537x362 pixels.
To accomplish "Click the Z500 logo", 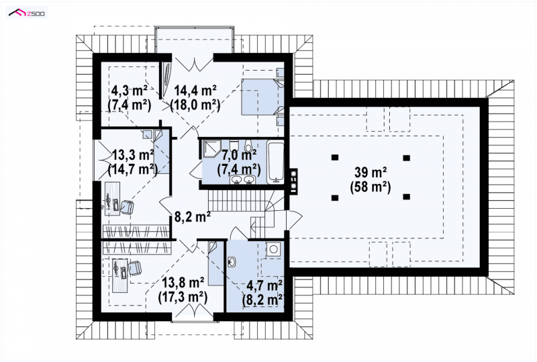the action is coord(27,13).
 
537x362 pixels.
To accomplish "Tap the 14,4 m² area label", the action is coord(195,91).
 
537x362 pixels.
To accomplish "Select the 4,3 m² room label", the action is coord(130,91).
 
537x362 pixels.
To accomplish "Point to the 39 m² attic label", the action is coord(371,172).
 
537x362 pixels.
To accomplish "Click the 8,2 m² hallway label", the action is coord(192,217).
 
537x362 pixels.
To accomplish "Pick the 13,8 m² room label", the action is coord(183,283).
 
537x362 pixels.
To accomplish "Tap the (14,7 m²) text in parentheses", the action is coord(132,169).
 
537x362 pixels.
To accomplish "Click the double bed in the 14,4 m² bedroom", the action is coord(262,97).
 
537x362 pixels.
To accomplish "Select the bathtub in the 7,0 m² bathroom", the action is coord(276,162).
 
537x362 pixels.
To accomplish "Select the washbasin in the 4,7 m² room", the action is coord(232,262).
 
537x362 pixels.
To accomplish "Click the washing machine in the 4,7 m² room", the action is coord(274,249).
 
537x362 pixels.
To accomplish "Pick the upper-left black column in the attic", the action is coord(335,157).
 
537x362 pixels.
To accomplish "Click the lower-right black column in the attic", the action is coord(407,197).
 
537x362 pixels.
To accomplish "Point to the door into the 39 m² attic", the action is coord(294,220).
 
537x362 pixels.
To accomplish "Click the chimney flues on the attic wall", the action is coord(293,182).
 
